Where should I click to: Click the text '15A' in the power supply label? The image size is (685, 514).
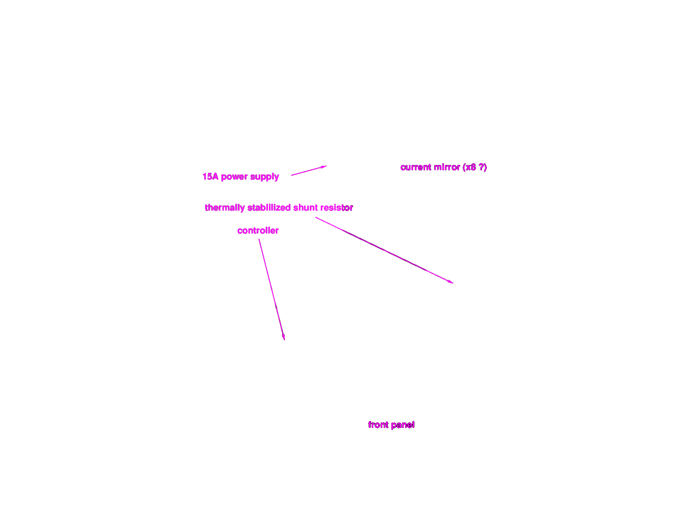click(210, 176)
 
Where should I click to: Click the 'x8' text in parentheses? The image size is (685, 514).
click(471, 167)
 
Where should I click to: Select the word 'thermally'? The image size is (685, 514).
click(225, 208)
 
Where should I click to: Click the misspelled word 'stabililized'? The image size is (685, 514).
click(269, 208)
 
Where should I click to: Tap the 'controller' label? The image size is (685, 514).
click(258, 231)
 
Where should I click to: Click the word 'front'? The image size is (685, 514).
click(378, 425)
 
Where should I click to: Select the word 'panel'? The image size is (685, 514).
click(403, 425)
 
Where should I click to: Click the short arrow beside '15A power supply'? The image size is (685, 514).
click(309, 171)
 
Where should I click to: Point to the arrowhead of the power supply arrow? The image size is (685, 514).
click(325, 167)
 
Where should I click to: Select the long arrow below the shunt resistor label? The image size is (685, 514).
click(384, 250)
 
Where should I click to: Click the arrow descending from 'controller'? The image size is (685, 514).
click(272, 290)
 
